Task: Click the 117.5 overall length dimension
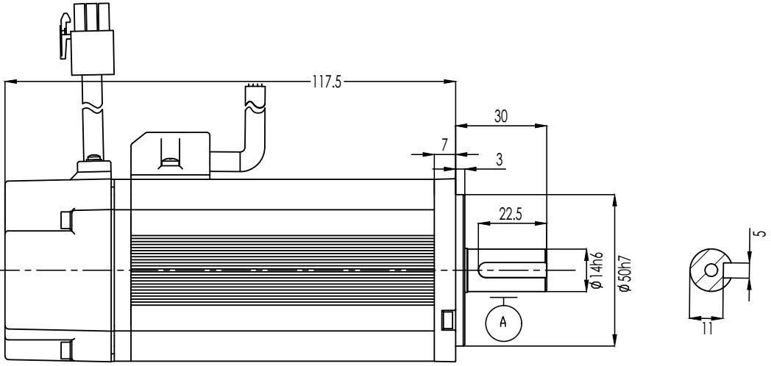(x=326, y=82)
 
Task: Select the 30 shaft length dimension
(x=501, y=116)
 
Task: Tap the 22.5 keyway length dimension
(x=511, y=214)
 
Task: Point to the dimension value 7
(x=444, y=145)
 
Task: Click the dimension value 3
(x=499, y=160)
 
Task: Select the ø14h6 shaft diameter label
(x=597, y=270)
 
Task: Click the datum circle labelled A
(x=503, y=323)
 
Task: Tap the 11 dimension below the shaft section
(x=707, y=329)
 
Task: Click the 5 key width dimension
(x=761, y=234)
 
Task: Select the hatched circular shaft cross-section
(x=708, y=270)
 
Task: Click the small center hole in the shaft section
(x=711, y=270)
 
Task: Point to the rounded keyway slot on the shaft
(x=512, y=270)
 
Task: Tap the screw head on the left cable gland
(x=93, y=158)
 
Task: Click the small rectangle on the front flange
(x=447, y=319)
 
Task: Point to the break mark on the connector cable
(x=93, y=107)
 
